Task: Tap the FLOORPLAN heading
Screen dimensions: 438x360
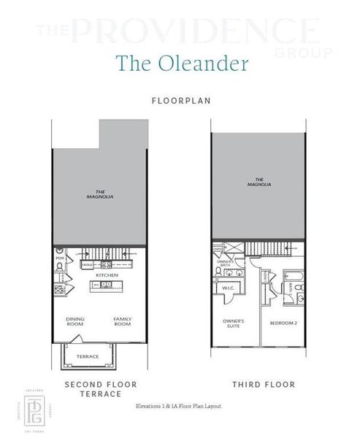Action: click(x=180, y=101)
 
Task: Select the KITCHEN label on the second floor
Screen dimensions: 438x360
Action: click(x=107, y=275)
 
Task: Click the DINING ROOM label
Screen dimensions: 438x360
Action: click(x=75, y=321)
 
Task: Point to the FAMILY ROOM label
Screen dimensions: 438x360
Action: click(x=122, y=321)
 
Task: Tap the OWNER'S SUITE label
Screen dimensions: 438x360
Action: click(x=234, y=323)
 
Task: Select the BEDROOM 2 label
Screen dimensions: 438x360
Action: click(x=283, y=323)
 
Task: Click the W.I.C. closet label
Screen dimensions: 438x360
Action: click(x=227, y=288)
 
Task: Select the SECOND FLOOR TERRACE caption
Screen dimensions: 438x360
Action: click(x=101, y=388)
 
